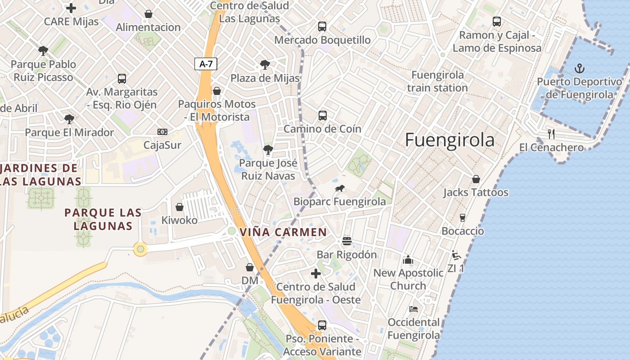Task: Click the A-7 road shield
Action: [206, 64]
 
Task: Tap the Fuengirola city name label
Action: [450, 140]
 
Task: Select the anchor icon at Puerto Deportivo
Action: [580, 68]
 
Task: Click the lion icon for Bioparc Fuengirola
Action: [340, 188]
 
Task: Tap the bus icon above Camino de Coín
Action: [322, 115]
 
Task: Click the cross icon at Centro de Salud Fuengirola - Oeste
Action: [316, 273]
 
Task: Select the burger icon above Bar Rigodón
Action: [346, 241]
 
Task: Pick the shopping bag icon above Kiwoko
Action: [180, 207]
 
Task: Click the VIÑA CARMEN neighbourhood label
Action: [283, 232]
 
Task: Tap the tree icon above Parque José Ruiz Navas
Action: [268, 149]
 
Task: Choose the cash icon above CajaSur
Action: [162, 131]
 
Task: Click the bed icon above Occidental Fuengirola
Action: [414, 309]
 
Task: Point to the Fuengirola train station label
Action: [437, 81]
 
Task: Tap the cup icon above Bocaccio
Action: [462, 218]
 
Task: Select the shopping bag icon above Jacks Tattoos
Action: [476, 179]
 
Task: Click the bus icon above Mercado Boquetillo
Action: [322, 26]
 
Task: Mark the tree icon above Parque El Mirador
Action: [69, 119]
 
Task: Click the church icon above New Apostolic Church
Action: [408, 260]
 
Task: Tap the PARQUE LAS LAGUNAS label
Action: [103, 219]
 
